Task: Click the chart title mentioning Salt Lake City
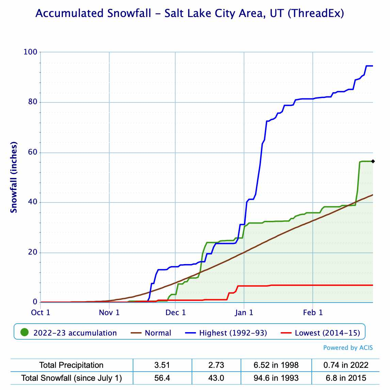click(x=190, y=14)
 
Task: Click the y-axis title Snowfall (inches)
click(x=14, y=177)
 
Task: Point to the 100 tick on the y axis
click(x=30, y=52)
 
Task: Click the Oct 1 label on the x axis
click(x=40, y=312)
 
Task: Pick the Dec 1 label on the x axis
click(x=176, y=312)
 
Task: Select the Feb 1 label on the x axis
click(x=313, y=312)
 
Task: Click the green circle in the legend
click(x=25, y=332)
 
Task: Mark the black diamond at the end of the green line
click(x=373, y=161)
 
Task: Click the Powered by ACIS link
click(x=348, y=348)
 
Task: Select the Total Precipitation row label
click(x=71, y=365)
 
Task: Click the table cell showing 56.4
click(x=162, y=378)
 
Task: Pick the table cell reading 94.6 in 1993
click(x=276, y=378)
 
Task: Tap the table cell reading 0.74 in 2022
click(x=345, y=365)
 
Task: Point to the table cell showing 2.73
click(x=216, y=365)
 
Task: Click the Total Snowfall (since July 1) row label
click(x=71, y=378)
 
